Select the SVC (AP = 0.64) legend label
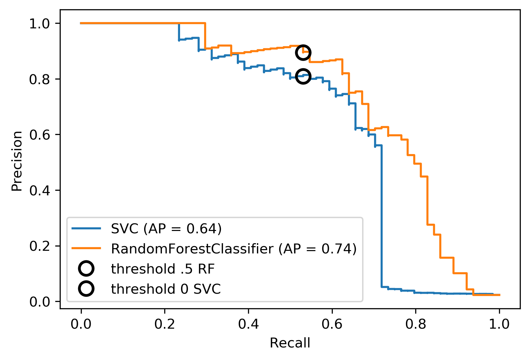[x=166, y=229]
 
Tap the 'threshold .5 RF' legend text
[x=163, y=269]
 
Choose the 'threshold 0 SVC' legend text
[x=166, y=289]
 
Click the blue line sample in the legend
[x=86, y=228]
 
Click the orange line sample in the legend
[x=86, y=248]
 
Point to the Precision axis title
[x=17, y=161]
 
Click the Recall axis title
[x=290, y=343]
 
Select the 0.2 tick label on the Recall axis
[x=165, y=324]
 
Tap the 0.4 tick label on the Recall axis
[x=248, y=324]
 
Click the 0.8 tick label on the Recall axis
[x=416, y=324]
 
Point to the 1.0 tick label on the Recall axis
[x=499, y=324]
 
